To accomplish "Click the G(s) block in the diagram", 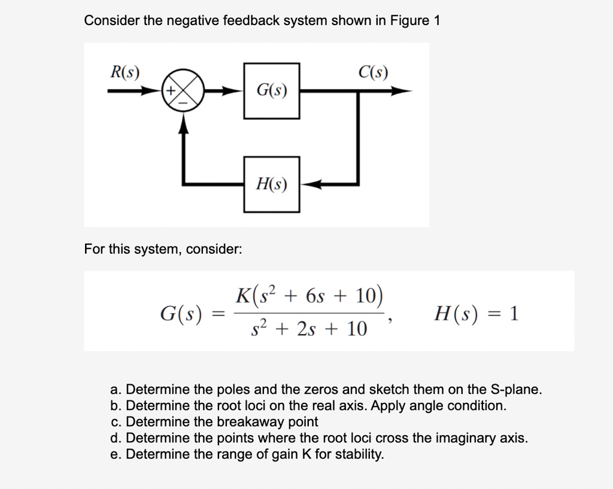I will tap(271, 91).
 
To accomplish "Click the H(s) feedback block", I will tap(271, 184).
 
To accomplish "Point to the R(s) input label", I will tap(125, 72).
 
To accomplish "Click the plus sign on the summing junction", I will tap(170, 92).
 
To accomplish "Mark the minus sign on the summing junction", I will tap(183, 104).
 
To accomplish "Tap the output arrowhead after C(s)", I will tap(404, 92).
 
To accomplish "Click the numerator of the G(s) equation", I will tap(309, 296).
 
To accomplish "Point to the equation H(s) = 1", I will tap(476, 313).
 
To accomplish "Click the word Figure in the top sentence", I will tap(409, 20).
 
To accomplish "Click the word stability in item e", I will tap(359, 454).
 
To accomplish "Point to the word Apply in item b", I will tap(389, 406).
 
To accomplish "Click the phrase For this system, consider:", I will tap(163, 248).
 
